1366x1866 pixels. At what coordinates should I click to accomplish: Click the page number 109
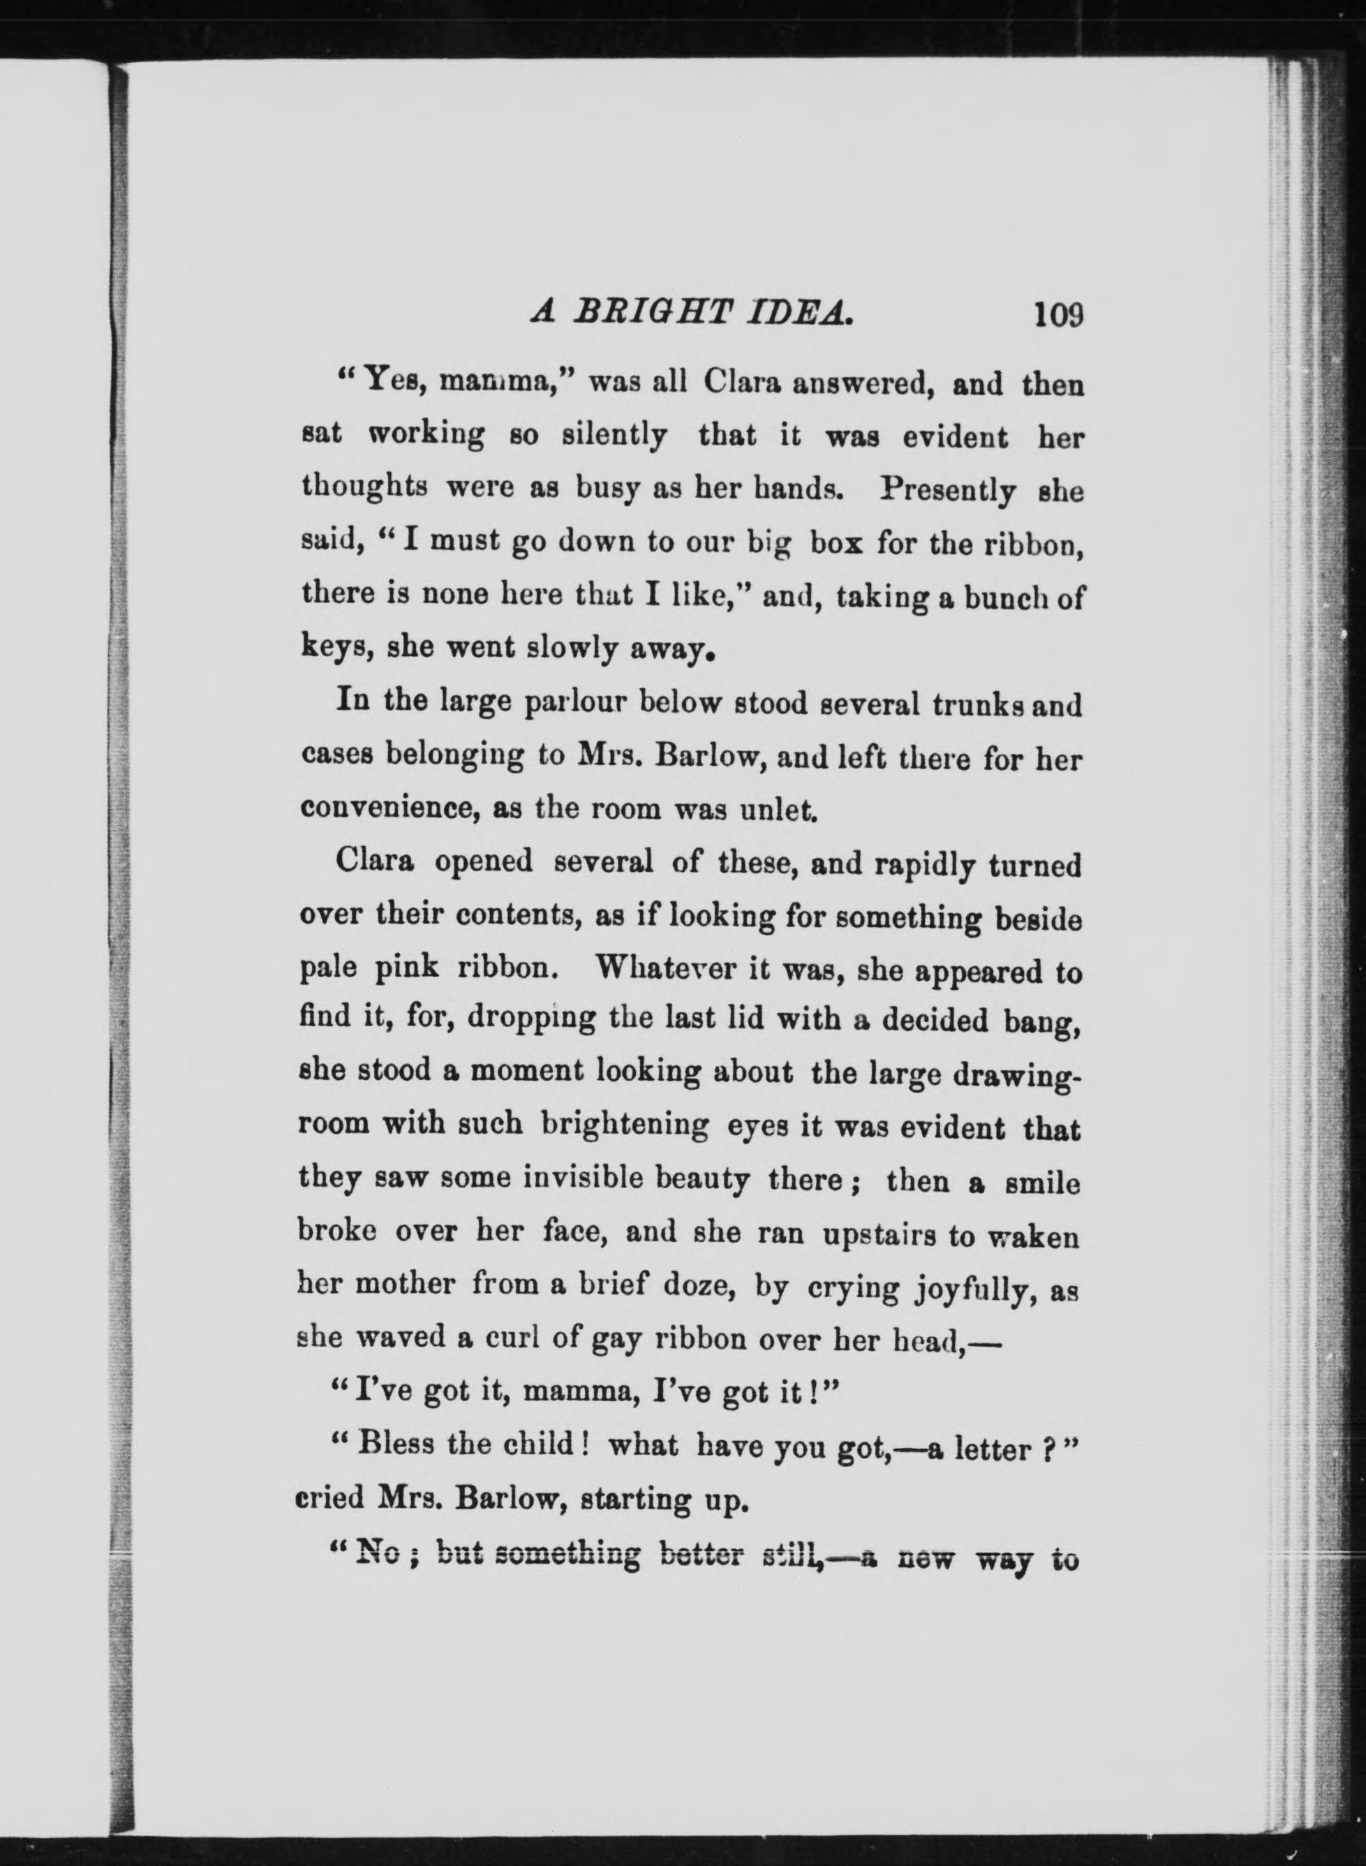(1056, 315)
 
